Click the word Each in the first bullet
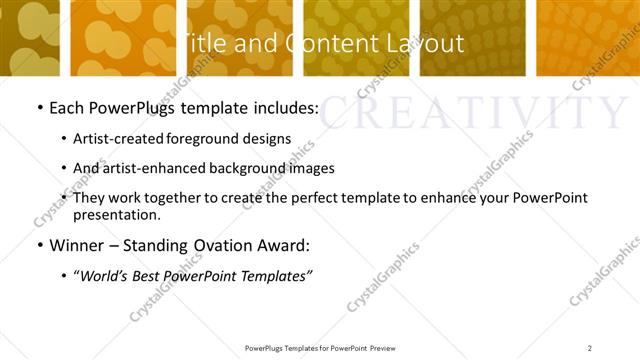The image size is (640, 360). pyautogui.click(x=67, y=106)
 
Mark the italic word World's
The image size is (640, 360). pyautogui.click(x=105, y=275)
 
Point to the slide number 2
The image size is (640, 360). pyautogui.click(x=590, y=347)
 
